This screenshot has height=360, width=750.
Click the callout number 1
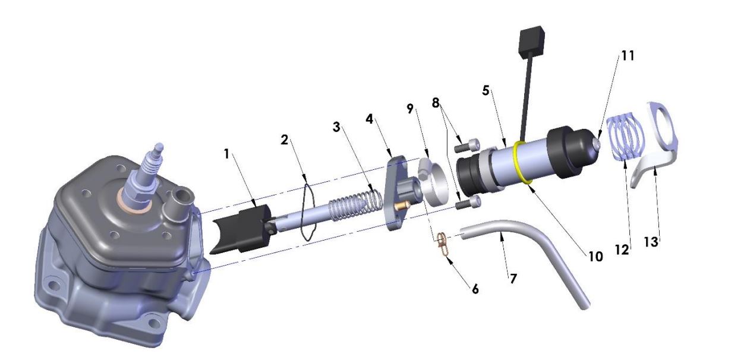click(226, 154)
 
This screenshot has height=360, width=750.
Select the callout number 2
click(285, 141)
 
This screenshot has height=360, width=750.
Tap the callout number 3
click(336, 128)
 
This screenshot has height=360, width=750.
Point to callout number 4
click(370, 119)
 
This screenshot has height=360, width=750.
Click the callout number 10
click(594, 257)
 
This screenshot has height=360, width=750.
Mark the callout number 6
click(474, 289)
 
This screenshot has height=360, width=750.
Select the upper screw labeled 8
click(466, 144)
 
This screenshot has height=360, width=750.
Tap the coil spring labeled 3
click(355, 203)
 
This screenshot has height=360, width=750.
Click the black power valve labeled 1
click(241, 229)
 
